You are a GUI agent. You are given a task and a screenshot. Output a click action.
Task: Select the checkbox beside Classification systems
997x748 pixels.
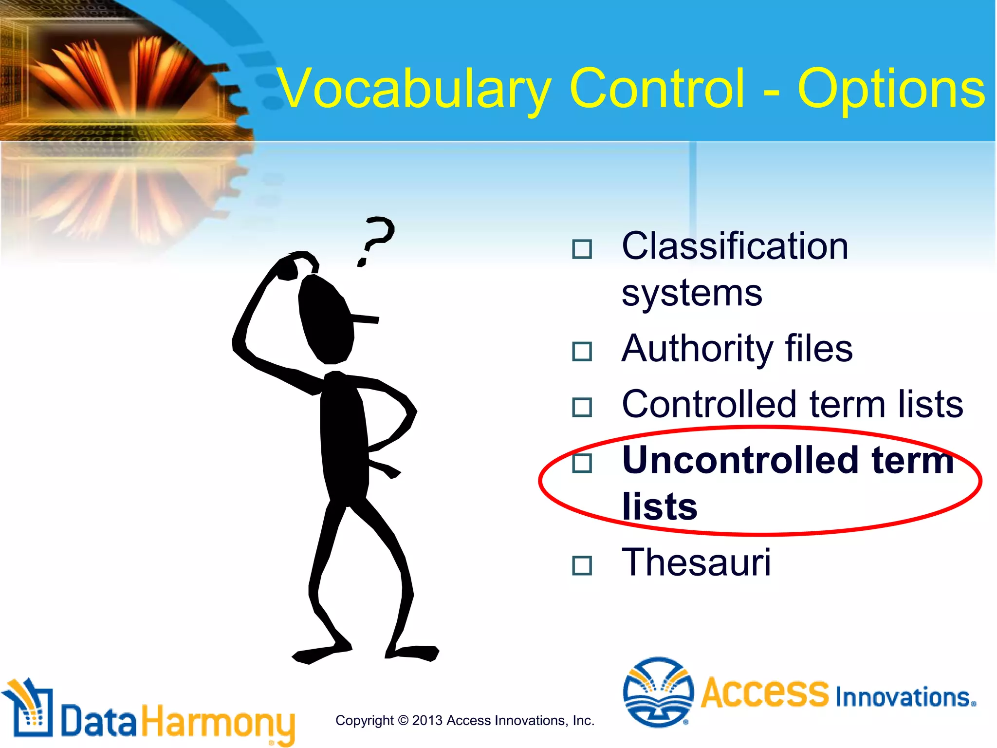(582, 249)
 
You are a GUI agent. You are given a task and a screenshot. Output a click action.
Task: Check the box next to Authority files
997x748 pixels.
(582, 351)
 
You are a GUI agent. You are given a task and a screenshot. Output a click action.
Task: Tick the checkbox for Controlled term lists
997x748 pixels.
(582, 407)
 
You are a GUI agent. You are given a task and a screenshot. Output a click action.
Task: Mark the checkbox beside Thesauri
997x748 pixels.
(582, 565)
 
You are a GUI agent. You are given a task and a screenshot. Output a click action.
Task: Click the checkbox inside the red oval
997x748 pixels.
(582, 463)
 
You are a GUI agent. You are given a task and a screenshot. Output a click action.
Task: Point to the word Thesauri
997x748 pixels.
(696, 562)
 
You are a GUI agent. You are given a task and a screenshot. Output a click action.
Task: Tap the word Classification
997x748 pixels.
(735, 246)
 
